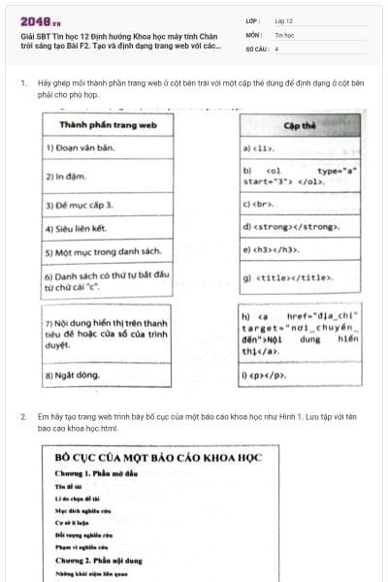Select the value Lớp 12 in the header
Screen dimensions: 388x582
pos(284,19)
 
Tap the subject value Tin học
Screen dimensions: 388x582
pos(284,33)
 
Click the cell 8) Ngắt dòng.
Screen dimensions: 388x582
pos(74,372)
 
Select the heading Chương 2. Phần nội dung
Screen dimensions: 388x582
pos(102,560)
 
